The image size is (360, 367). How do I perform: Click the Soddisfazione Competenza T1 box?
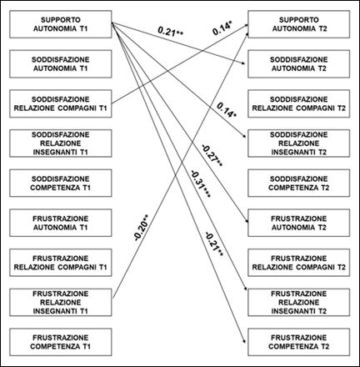[x=59, y=182]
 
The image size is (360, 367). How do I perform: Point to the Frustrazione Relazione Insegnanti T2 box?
[x=298, y=302]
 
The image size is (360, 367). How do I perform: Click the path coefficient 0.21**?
[x=172, y=34]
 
